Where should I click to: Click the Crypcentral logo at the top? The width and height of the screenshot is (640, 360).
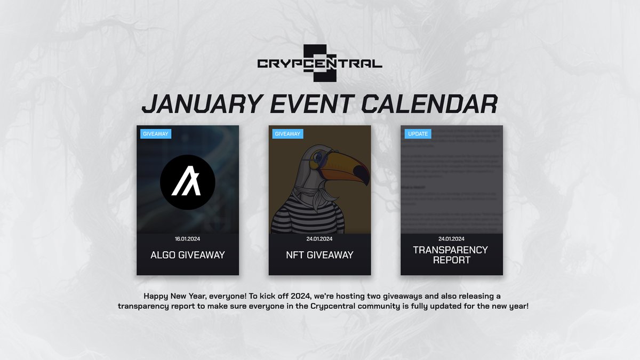click(319, 63)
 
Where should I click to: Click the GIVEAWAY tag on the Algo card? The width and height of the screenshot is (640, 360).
click(156, 134)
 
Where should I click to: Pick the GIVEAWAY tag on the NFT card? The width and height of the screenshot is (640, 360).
click(287, 134)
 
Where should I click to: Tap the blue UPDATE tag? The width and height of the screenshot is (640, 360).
click(418, 134)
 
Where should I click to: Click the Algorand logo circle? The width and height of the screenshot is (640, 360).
click(188, 182)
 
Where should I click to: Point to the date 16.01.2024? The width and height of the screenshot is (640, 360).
click(188, 239)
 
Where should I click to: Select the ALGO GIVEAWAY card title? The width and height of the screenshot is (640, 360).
click(188, 255)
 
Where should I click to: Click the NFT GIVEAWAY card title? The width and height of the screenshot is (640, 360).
click(319, 255)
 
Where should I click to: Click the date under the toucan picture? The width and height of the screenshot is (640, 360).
click(319, 239)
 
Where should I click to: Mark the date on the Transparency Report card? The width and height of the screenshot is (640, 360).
click(452, 239)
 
